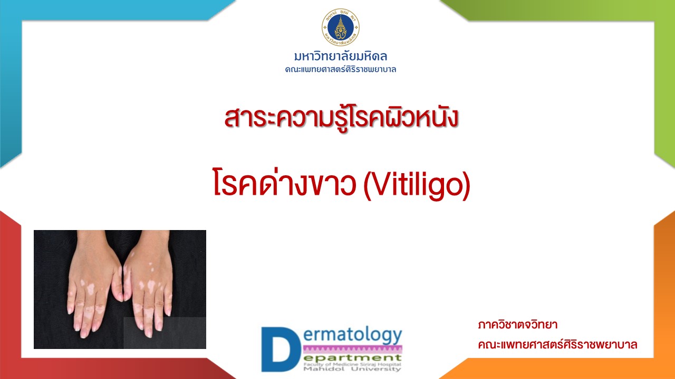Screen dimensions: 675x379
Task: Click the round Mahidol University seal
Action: click(x=341, y=27)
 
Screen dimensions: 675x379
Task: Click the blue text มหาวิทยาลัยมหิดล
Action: click(x=341, y=56)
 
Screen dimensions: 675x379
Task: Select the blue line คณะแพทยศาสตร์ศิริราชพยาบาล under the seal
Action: click(x=341, y=69)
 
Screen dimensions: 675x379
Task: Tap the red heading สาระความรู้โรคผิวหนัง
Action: click(x=341, y=118)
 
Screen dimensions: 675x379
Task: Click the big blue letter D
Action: click(x=281, y=349)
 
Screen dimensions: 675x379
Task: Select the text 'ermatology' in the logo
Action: click(x=353, y=335)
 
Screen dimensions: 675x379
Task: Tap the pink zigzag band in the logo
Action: click(x=353, y=349)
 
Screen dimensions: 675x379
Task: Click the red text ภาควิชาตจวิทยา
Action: click(x=518, y=325)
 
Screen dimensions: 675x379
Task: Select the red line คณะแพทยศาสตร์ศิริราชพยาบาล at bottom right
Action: click(x=557, y=344)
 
